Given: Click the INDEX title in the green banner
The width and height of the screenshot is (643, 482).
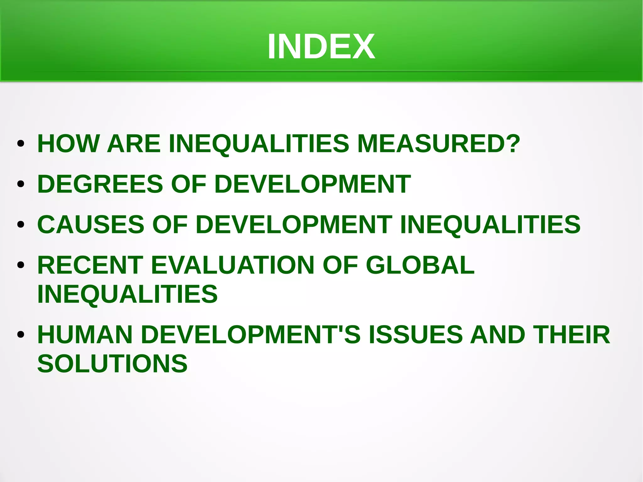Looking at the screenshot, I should (x=321, y=46).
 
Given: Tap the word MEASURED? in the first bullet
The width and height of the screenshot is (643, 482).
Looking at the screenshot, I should (x=439, y=144).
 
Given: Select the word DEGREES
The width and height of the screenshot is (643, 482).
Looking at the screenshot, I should (x=100, y=184).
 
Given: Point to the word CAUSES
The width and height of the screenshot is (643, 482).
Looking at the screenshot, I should (x=91, y=225).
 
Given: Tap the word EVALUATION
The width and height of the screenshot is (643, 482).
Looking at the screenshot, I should (x=233, y=265).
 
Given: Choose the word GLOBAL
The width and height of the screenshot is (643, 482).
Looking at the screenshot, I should (x=420, y=265).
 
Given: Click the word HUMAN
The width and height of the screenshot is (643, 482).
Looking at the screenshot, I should (x=85, y=335).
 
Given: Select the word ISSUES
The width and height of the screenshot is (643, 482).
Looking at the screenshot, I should (x=415, y=335).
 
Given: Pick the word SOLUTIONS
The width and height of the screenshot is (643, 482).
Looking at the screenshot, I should (x=112, y=364).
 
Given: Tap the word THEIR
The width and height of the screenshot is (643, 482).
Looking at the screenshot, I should (x=571, y=335).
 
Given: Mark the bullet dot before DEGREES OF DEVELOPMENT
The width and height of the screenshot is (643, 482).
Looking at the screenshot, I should (x=21, y=184).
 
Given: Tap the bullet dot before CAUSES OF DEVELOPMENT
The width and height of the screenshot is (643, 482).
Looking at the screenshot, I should (x=21, y=225).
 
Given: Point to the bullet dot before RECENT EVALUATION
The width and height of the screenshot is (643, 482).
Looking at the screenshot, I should (x=21, y=265).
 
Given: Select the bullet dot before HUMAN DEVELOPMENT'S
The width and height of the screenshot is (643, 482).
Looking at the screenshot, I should (x=21, y=335).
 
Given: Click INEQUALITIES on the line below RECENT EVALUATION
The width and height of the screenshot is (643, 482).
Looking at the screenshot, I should (x=127, y=294).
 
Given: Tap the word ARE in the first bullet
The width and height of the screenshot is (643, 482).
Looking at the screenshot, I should (x=134, y=144).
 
